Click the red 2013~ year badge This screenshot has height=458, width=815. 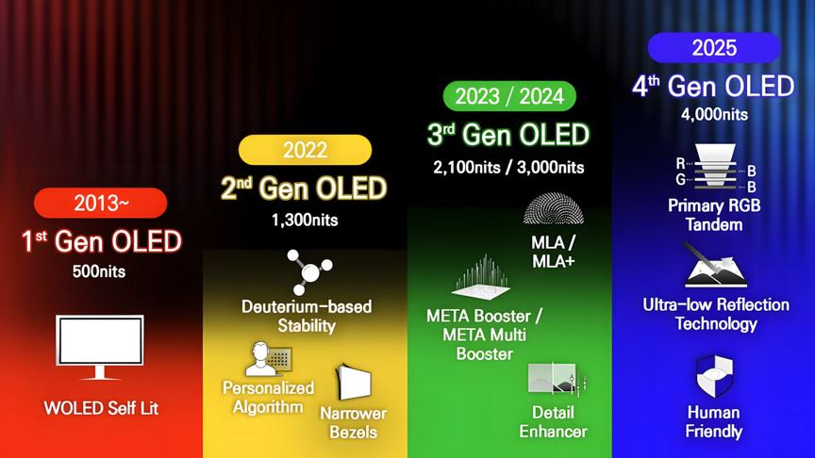[100, 203]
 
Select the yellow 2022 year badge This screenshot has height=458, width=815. [305, 150]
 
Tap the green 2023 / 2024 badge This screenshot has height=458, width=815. [509, 95]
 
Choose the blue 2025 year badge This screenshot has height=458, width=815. [714, 46]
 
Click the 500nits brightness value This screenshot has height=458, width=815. [99, 272]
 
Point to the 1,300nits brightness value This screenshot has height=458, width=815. [305, 221]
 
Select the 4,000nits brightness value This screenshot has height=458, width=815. [714, 115]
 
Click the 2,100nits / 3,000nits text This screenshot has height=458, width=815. [509, 168]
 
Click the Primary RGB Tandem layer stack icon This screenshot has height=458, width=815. [714, 169]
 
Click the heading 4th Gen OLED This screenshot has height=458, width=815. [714, 87]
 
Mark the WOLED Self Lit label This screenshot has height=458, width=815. [100, 408]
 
